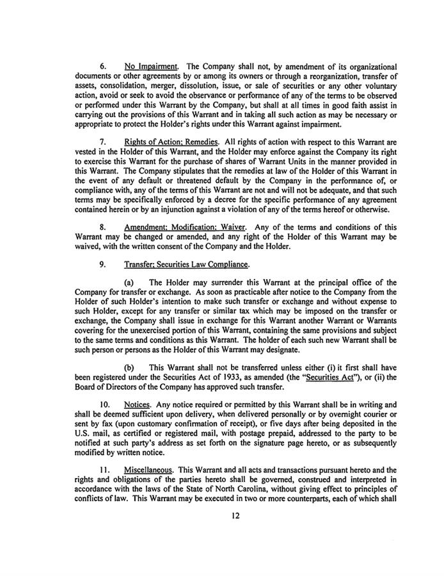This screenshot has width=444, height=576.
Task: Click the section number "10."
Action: click(106, 405)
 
